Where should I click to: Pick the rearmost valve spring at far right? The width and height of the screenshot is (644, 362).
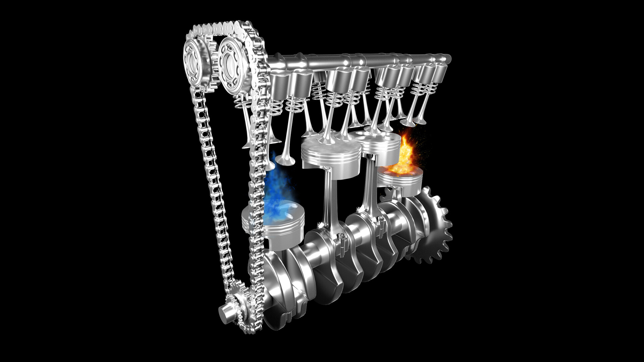433,89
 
